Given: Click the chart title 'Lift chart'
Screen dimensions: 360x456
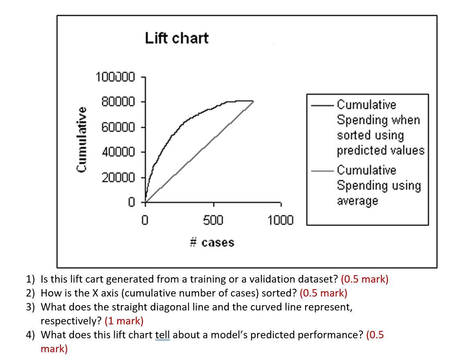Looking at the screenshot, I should [177, 38].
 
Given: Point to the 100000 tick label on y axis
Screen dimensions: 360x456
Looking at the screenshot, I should [115, 77].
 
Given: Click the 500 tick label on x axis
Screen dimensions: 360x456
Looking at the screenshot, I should [213, 220].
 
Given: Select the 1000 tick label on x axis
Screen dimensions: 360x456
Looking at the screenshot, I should [280, 220].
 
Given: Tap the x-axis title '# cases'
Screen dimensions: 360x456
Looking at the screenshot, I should [212, 242].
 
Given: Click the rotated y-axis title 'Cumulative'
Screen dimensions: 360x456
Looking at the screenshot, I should [82, 139].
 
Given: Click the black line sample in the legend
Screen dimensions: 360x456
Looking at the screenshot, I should [323, 105].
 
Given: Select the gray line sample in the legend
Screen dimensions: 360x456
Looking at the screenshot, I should [323, 170].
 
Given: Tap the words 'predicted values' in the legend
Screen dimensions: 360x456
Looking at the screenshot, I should [380, 151].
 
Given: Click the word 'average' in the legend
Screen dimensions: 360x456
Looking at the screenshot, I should [357, 201].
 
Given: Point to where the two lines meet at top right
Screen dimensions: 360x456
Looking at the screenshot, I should [253, 101].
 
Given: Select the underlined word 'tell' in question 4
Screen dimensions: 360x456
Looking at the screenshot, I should [162, 335].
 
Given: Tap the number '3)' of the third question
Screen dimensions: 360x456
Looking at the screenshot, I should [31, 307].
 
